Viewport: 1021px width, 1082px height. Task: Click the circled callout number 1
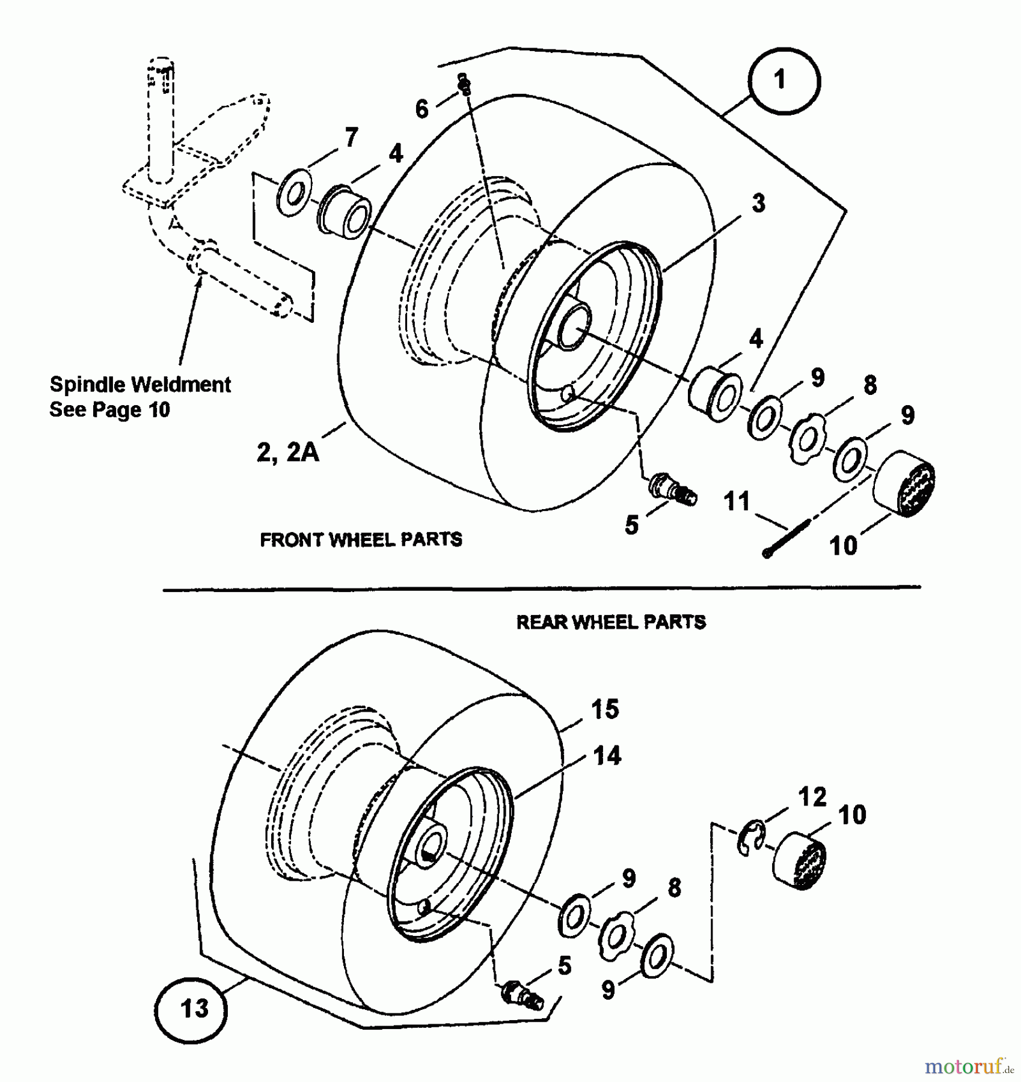[x=783, y=81]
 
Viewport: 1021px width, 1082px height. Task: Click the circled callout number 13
[x=191, y=1008]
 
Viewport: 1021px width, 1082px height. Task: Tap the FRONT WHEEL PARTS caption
[x=361, y=539]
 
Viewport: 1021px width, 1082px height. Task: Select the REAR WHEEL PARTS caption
[x=611, y=622]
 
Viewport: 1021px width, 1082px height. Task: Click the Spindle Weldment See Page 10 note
[x=140, y=397]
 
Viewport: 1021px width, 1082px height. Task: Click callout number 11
[x=737, y=501]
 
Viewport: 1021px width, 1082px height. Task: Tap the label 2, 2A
[x=287, y=452]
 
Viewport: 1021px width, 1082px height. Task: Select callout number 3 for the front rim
[x=758, y=203]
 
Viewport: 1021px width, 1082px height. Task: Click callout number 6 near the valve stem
[x=422, y=109]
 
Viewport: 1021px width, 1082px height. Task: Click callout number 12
[x=812, y=797]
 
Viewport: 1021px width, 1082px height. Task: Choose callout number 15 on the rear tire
[x=604, y=709]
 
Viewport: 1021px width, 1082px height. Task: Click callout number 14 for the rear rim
[x=606, y=756]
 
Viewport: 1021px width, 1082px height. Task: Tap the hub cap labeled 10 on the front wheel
[x=904, y=483]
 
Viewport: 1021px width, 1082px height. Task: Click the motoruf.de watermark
[x=969, y=1066]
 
